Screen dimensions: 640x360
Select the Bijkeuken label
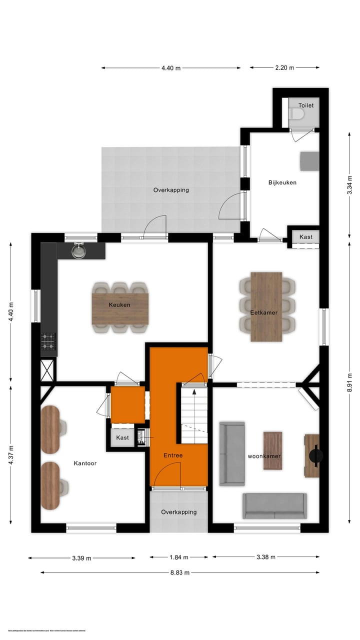point(282,182)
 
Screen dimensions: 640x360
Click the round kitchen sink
point(78,251)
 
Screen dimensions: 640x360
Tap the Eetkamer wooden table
point(266,306)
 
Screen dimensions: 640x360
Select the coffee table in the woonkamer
point(272,450)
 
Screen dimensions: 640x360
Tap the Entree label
point(173,455)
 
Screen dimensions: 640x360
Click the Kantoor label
point(84,463)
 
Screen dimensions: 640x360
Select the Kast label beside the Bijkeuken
point(306,236)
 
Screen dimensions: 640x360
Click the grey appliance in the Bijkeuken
point(309,161)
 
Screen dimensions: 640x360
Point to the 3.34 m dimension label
point(350,184)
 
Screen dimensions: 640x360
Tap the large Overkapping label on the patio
point(171,190)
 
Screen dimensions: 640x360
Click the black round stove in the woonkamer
point(316,455)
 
